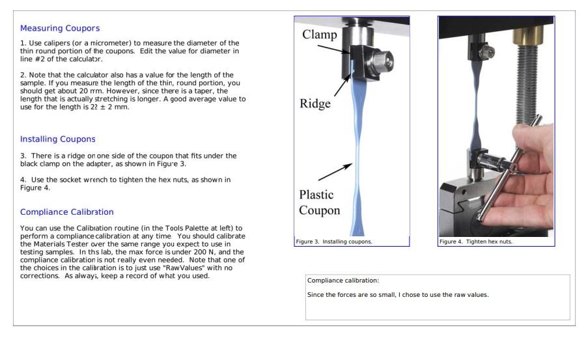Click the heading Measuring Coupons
tap(60, 28)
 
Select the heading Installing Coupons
tap(58, 139)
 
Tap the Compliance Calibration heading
tap(67, 212)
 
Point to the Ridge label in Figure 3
tap(315, 104)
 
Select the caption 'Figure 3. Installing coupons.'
tap(334, 242)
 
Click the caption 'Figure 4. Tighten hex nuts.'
tap(476, 242)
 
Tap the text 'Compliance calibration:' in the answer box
tap(343, 281)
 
